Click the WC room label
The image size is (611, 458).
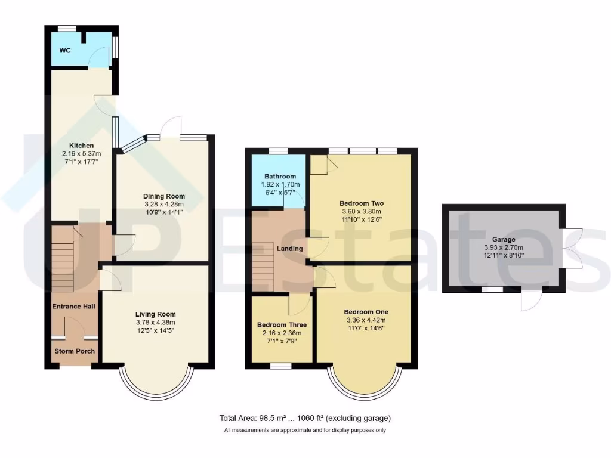[x=64, y=51]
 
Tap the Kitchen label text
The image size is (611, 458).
[x=82, y=146]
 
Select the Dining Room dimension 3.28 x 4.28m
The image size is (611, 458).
[x=163, y=205]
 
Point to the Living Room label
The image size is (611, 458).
[x=155, y=314]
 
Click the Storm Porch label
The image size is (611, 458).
[x=75, y=351]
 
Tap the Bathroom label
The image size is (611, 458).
[x=280, y=177]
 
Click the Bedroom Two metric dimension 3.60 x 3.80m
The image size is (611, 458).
[x=360, y=211]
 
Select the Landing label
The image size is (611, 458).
[x=289, y=249]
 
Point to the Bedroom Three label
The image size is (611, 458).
[x=281, y=325]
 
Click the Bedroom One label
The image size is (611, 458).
[x=366, y=312]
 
